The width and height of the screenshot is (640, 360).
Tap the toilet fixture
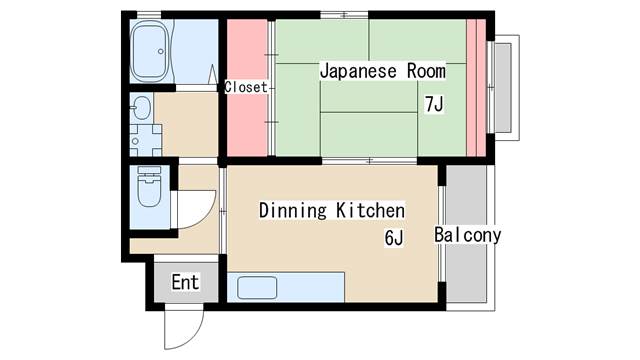(149, 190)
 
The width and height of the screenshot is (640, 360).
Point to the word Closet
(246, 87)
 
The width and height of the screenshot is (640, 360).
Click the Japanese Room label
(382, 72)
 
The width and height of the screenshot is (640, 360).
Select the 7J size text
(434, 104)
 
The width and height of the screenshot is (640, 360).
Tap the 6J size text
(393, 238)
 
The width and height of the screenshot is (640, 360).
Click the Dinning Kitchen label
(331, 211)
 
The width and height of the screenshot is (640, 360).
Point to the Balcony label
(467, 235)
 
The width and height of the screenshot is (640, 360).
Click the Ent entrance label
(185, 282)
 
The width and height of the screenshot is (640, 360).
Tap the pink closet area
(246, 120)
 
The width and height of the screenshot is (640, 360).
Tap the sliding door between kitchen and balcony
(441, 235)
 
